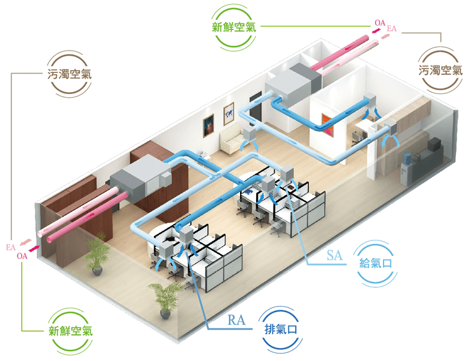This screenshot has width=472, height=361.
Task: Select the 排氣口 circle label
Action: [281, 328]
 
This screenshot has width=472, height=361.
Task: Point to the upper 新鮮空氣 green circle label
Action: [234, 27]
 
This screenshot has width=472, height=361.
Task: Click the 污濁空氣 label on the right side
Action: [440, 70]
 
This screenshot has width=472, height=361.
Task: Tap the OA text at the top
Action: [379, 23]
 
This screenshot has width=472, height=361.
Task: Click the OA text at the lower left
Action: [22, 255]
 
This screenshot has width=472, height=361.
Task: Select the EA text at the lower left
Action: [11, 247]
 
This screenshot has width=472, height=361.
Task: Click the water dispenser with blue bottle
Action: [407, 166]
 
